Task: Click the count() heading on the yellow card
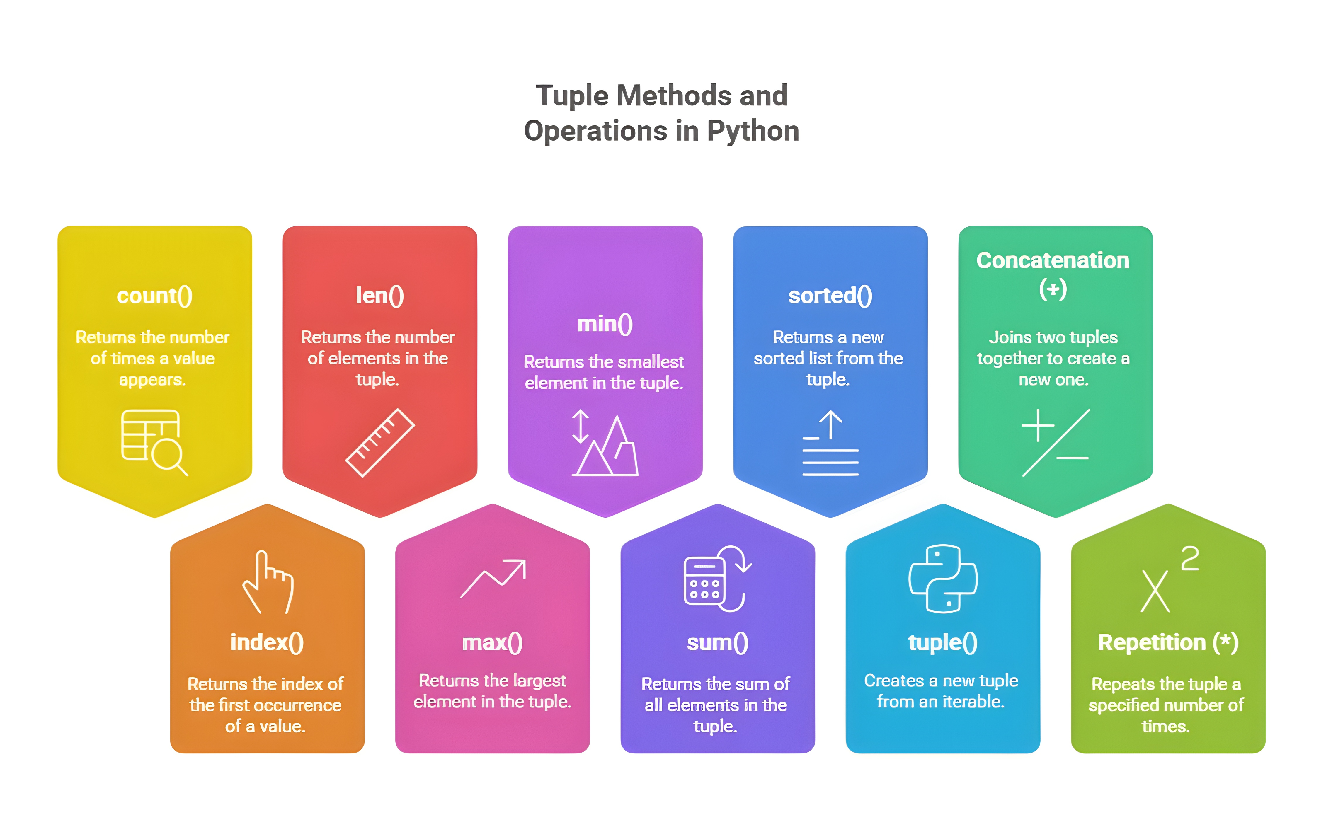[x=154, y=296]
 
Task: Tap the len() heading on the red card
[x=379, y=296]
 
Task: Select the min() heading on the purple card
[x=605, y=324]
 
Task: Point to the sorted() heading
[x=830, y=296]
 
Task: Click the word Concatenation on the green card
[x=1053, y=260]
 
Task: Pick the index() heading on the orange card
[x=267, y=643]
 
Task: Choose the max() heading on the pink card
[x=492, y=643]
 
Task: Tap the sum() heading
[x=717, y=643]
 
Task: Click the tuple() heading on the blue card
[x=942, y=643]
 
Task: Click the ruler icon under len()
[x=379, y=443]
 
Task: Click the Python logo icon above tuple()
[x=942, y=579]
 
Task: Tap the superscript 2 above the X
[x=1189, y=559]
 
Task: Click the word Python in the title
[x=753, y=131]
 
